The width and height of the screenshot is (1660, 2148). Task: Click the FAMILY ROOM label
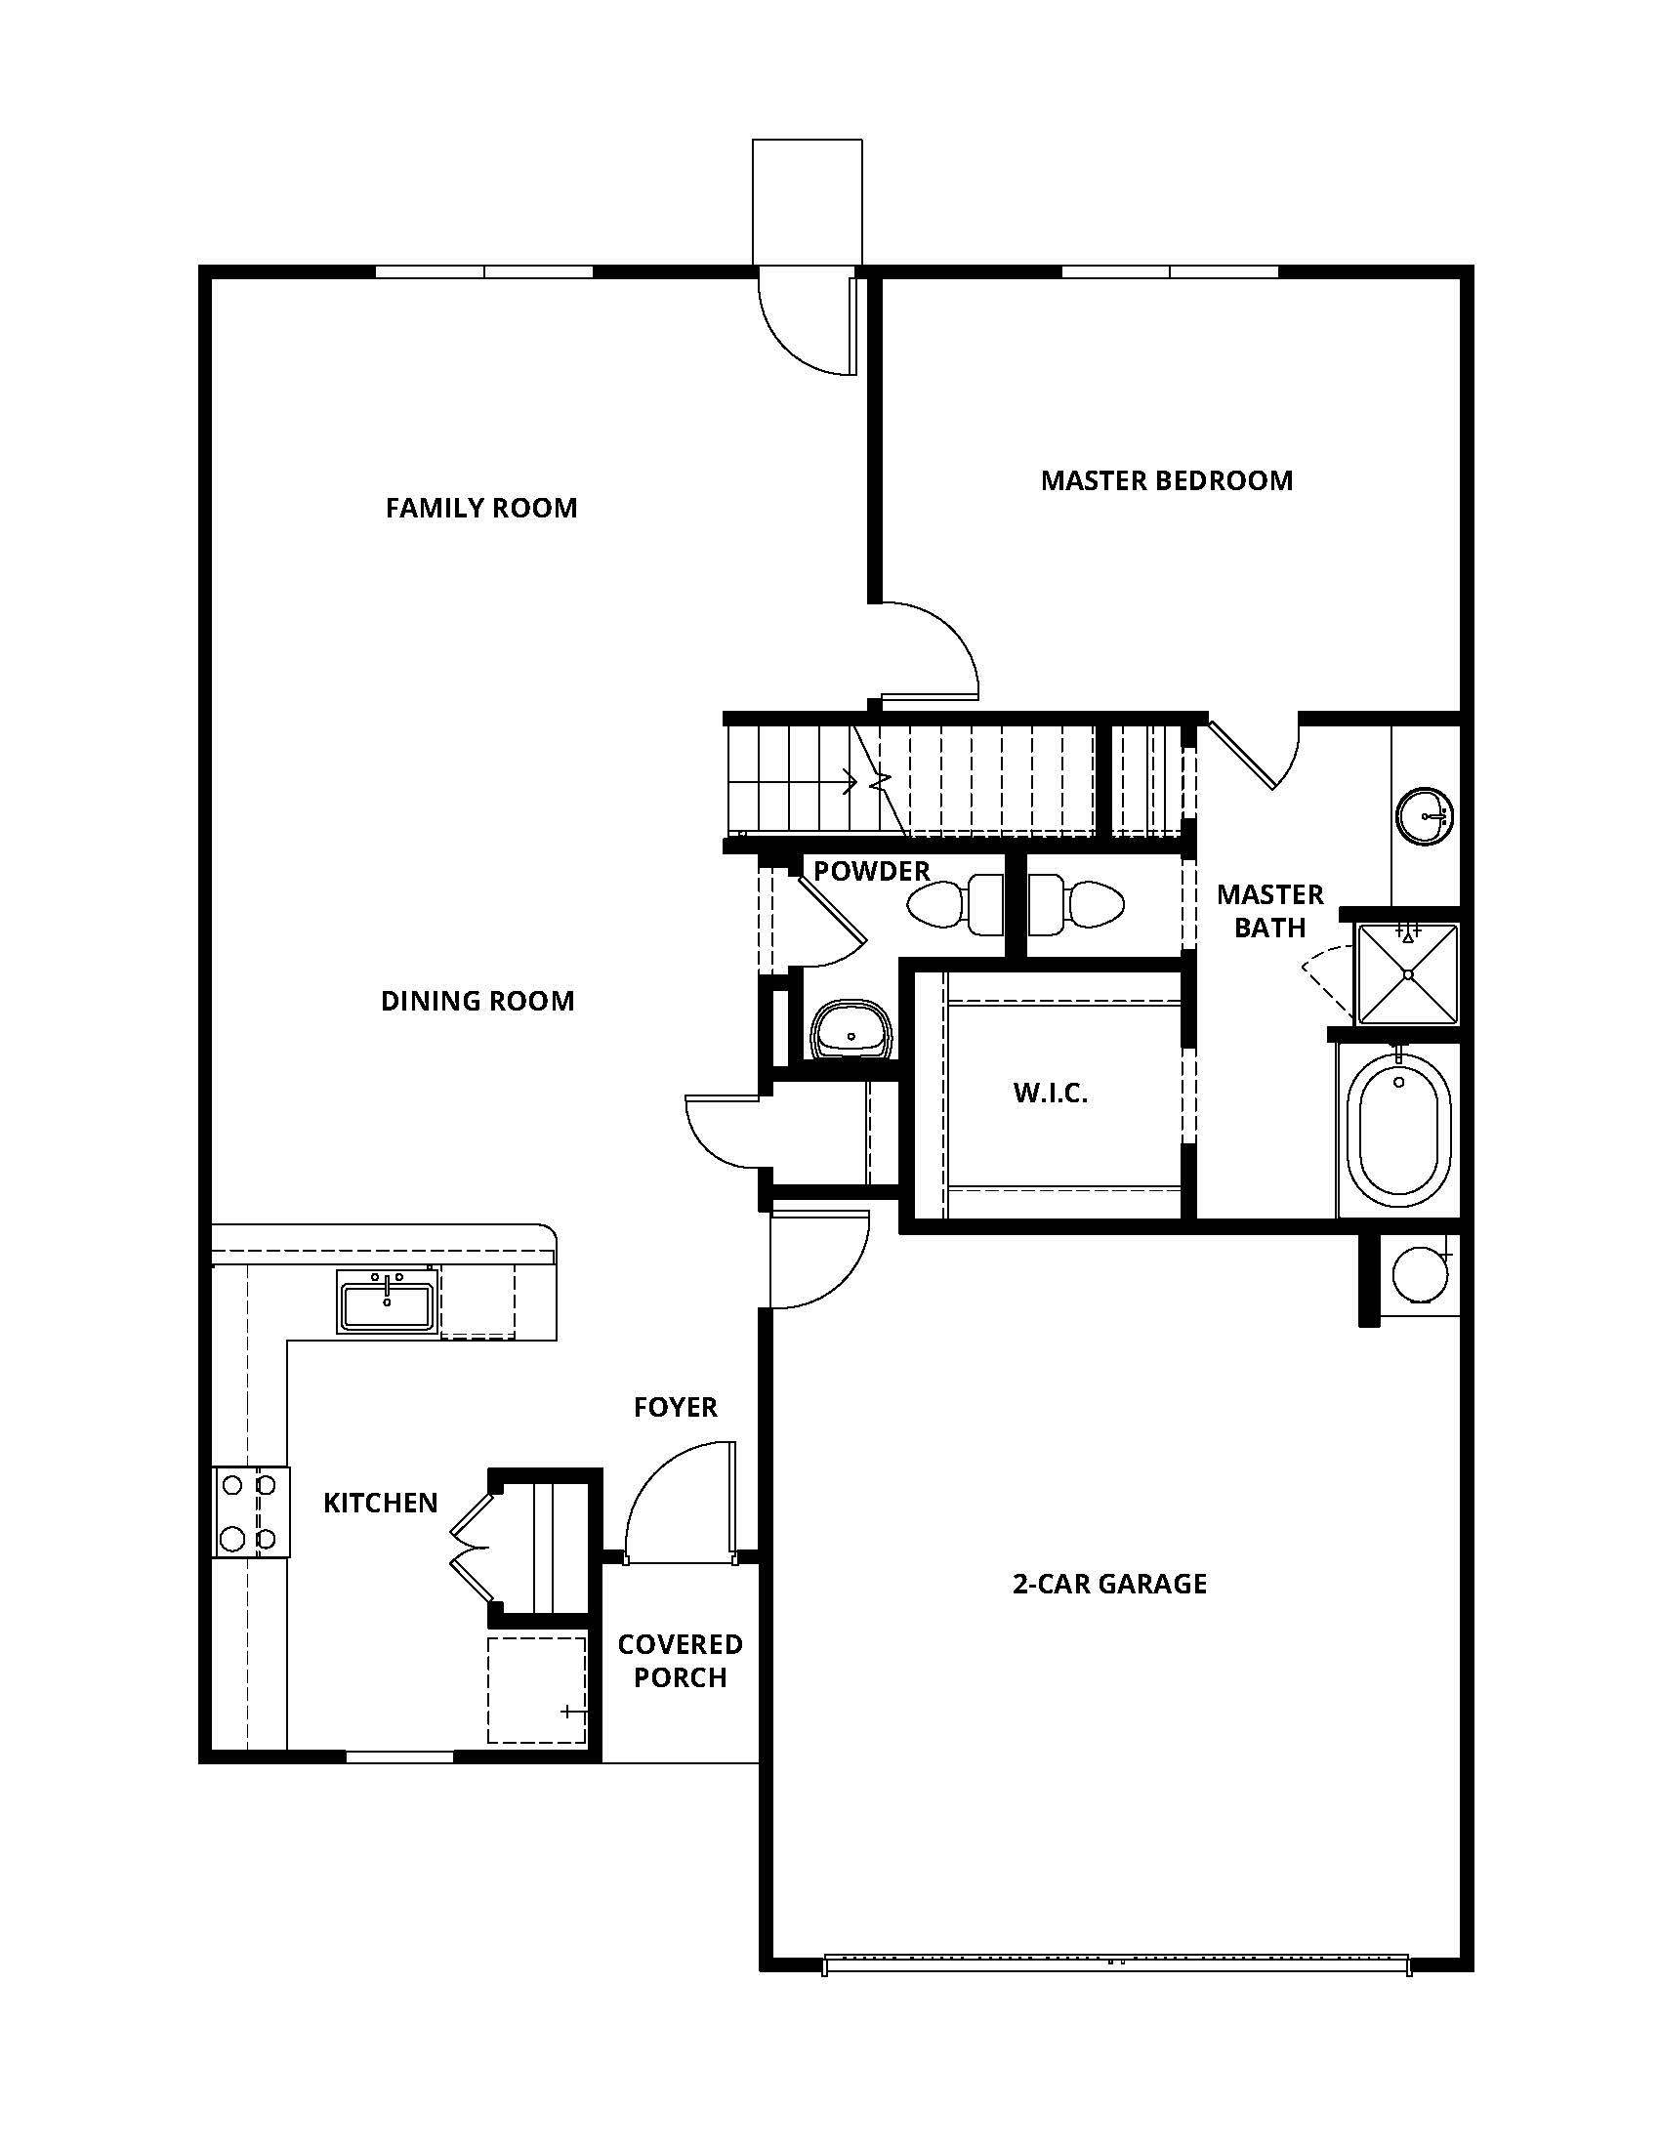pos(480,508)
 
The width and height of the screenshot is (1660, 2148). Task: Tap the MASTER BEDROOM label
pos(1166,480)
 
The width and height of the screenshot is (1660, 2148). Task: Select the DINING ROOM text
pos(477,1000)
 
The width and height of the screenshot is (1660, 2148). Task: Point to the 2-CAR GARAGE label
pos(1109,1583)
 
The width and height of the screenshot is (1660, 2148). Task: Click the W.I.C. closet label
pos(1051,1093)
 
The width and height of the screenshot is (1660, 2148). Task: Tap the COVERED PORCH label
pos(680,1660)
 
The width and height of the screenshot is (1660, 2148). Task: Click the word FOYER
pos(675,1406)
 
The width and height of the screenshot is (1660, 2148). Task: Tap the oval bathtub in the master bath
pos(1398,1130)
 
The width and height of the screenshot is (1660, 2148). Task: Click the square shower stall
pos(1408,973)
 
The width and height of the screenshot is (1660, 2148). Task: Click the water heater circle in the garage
pos(1420,1274)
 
